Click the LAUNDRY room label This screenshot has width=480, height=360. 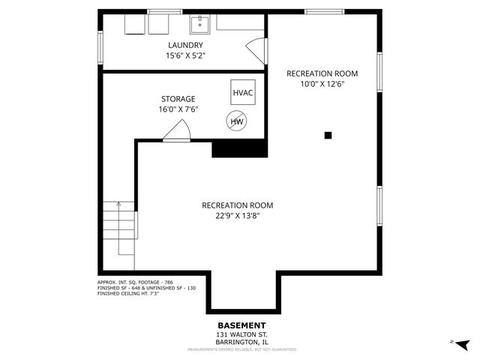point(184,45)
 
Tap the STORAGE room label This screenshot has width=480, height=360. point(178,99)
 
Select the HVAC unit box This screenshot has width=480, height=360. point(242,92)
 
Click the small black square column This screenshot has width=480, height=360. point(328,136)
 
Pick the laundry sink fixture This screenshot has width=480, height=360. point(200,25)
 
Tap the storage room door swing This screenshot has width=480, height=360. point(177,131)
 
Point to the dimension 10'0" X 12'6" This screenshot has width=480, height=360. point(322,84)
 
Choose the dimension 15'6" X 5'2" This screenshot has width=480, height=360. point(184,55)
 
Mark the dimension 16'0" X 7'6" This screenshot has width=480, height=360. point(178,109)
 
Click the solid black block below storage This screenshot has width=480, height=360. point(240,149)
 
